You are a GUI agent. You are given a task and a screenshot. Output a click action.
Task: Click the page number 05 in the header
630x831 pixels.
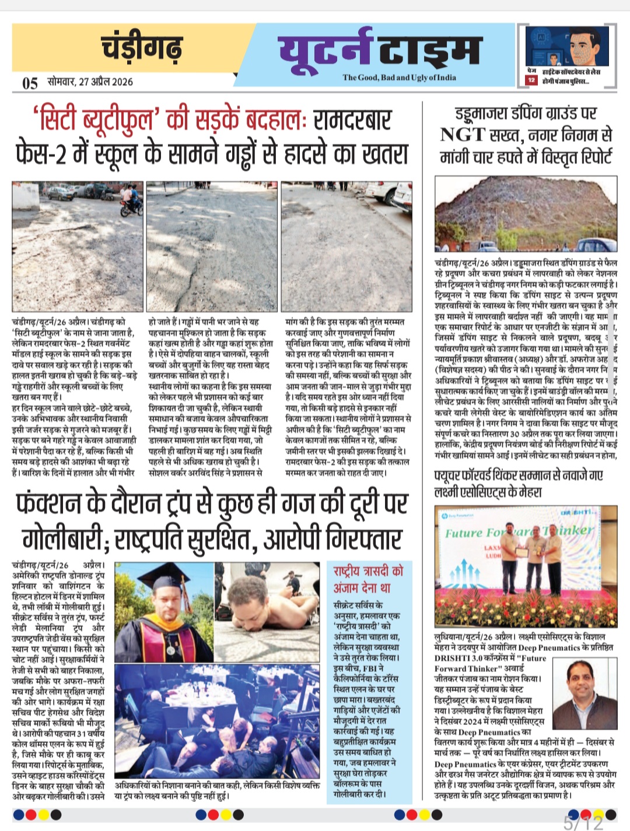[30, 83]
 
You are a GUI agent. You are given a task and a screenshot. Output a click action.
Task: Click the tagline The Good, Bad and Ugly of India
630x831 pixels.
[399, 78]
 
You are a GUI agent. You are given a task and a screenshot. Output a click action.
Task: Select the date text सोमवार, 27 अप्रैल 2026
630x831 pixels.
[90, 82]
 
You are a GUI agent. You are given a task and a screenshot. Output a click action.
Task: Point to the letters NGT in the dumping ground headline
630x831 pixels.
[462, 135]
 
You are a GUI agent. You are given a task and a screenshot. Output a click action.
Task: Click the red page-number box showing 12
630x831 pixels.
[531, 80]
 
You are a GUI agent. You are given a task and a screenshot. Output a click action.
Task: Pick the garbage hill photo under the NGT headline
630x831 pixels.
[526, 214]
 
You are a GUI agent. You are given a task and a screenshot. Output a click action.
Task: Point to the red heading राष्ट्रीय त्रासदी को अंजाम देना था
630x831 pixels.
[368, 579]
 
